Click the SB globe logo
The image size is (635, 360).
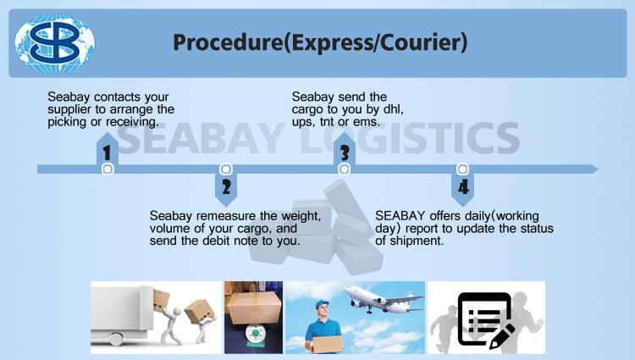tap(55, 43)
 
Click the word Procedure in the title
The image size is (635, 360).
tap(228, 42)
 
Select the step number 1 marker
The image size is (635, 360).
tap(107, 153)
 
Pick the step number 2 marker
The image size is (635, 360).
tap(226, 187)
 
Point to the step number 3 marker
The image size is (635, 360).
tap(345, 153)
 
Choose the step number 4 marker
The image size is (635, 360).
tap(463, 187)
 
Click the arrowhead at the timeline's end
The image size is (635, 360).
tap(594, 169)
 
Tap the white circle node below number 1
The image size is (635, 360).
tap(108, 169)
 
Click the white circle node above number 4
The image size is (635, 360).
tap(462, 169)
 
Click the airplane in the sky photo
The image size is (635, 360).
tap(383, 299)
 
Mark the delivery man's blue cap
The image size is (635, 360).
tap(322, 304)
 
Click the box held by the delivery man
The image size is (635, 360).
tap(329, 345)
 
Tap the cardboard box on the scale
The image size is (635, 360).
tap(254, 307)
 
